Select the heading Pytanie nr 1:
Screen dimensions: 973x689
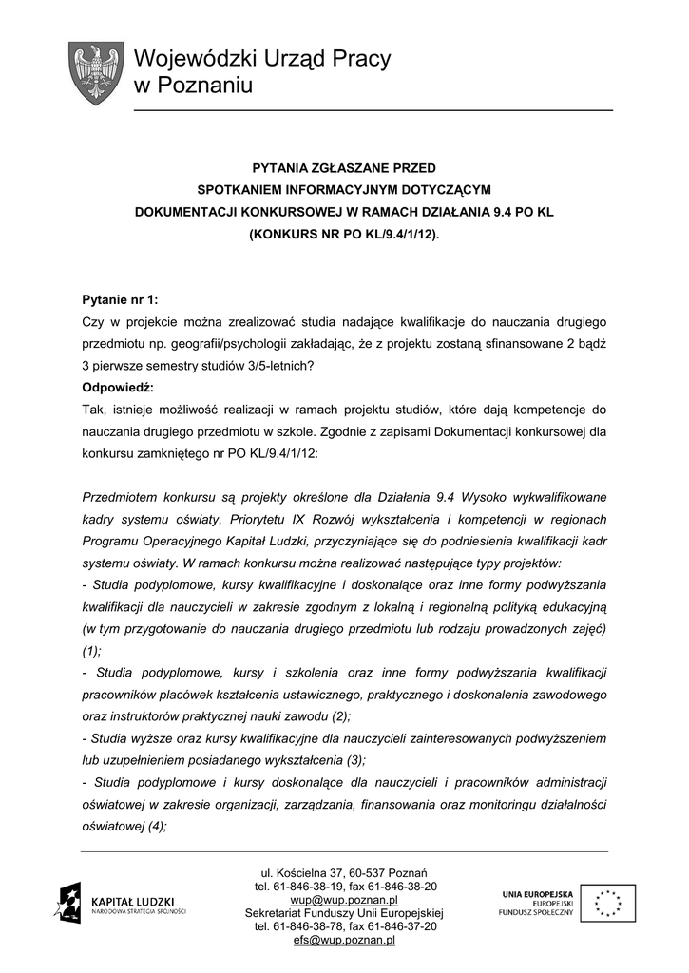pyautogui.click(x=121, y=299)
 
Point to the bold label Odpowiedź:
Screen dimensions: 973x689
pyautogui.click(x=118, y=388)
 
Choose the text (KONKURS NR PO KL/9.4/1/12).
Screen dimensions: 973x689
pyautogui.click(x=344, y=233)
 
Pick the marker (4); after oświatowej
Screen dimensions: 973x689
pyautogui.click(x=149, y=826)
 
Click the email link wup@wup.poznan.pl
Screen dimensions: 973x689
pyautogui.click(x=344, y=900)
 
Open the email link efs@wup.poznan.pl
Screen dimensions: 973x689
pyautogui.click(x=344, y=940)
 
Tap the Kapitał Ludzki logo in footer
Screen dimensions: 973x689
pyautogui.click(x=120, y=901)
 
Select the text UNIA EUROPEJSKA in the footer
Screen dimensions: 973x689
pyautogui.click(x=537, y=894)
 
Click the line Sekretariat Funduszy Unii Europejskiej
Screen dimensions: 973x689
pyautogui.click(x=344, y=913)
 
